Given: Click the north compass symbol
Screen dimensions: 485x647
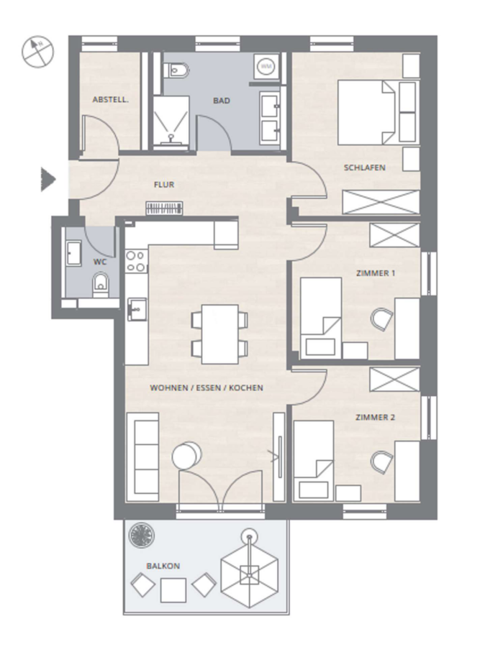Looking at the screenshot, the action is (x=37, y=52).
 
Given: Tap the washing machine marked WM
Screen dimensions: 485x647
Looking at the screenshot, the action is (x=266, y=65).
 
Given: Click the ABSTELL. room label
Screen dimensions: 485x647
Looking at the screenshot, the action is (x=110, y=100).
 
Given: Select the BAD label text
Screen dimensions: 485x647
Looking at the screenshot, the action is (x=222, y=101).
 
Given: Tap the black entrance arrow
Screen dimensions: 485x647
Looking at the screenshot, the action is (x=48, y=180).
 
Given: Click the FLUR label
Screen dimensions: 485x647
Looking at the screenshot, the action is (x=164, y=185).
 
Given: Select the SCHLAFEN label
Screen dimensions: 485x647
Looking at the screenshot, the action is (x=365, y=168).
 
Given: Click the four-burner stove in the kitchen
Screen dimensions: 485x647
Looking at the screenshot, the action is (x=136, y=262).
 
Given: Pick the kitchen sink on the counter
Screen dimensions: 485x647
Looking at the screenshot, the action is (x=137, y=309).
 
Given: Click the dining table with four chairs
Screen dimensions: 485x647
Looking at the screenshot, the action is (x=219, y=334).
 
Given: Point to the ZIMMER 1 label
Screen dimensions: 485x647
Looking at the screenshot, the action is (x=376, y=273).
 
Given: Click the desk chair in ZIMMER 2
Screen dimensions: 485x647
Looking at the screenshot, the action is (x=382, y=463).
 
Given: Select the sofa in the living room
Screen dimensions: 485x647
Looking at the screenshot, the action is (x=142, y=457).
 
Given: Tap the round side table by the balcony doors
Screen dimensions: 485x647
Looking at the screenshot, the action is (x=187, y=455).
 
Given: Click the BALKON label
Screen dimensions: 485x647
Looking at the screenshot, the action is (x=163, y=566).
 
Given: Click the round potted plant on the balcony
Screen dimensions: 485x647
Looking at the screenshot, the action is (x=142, y=536).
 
